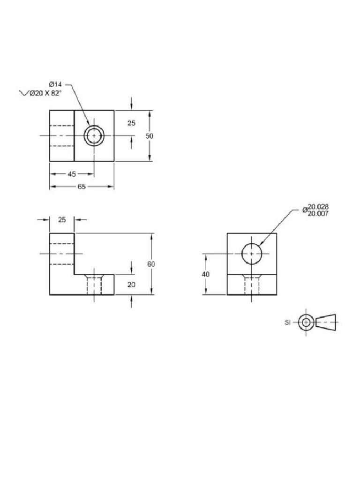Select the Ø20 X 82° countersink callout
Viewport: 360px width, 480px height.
pyautogui.click(x=45, y=93)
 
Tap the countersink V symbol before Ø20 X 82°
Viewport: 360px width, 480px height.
pyautogui.click(x=23, y=93)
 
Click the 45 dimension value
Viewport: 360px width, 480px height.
pyautogui.click(x=72, y=174)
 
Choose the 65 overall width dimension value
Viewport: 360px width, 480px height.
pyautogui.click(x=82, y=187)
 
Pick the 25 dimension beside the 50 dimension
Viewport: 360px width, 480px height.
pyautogui.click(x=131, y=123)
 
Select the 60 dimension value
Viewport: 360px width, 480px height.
pyautogui.click(x=151, y=264)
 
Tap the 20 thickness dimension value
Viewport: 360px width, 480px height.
pyautogui.click(x=131, y=284)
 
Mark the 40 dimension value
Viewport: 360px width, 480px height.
pyautogui.click(x=205, y=274)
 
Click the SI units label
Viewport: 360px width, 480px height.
pyautogui.click(x=288, y=322)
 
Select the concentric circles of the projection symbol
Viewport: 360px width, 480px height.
pyautogui.click(x=306, y=322)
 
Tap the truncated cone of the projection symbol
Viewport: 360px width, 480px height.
pyautogui.click(x=327, y=322)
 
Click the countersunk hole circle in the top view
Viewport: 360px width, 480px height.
pyautogui.click(x=94, y=135)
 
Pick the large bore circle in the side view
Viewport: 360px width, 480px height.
pyautogui.click(x=252, y=254)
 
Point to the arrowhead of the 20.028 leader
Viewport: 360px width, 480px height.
pyautogui.click(x=260, y=244)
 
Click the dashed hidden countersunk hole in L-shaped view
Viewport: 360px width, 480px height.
pyautogui.click(x=94, y=285)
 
